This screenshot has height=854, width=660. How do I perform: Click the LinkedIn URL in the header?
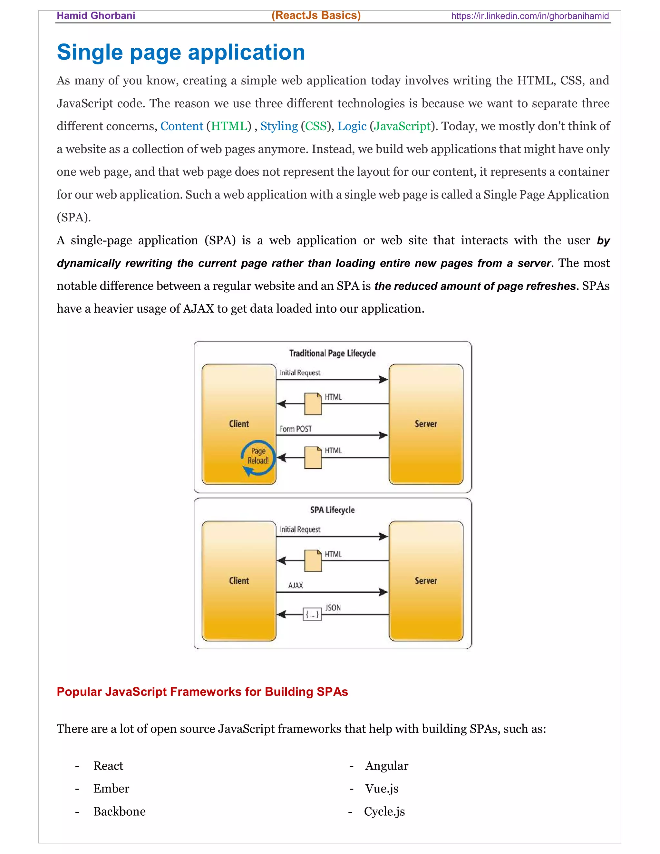[x=530, y=16]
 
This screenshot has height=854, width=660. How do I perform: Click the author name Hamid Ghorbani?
[x=96, y=16]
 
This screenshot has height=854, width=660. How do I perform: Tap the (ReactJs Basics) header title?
[x=316, y=15]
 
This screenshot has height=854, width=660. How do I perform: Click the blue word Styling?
[x=279, y=126]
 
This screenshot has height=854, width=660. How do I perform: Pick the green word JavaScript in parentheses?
[x=402, y=126]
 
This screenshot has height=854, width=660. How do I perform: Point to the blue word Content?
[x=181, y=126]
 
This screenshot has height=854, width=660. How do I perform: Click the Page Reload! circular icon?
[x=258, y=458]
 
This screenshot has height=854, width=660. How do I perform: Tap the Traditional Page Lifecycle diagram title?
[x=332, y=353]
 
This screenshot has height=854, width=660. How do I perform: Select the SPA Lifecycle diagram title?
[x=332, y=510]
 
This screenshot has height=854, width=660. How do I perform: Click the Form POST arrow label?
[x=296, y=429]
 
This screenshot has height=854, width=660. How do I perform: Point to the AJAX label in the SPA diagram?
[x=296, y=585]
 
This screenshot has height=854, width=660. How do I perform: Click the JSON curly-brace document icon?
[x=312, y=614]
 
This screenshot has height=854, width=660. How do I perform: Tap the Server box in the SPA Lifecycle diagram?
[x=426, y=581]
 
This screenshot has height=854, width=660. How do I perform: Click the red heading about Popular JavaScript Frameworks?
[x=202, y=692]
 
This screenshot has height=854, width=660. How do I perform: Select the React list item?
[x=108, y=766]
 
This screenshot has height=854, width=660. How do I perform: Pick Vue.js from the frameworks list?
[x=382, y=788]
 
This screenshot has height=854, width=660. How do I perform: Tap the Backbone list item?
[x=119, y=811]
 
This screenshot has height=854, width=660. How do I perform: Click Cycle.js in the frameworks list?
[x=384, y=811]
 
